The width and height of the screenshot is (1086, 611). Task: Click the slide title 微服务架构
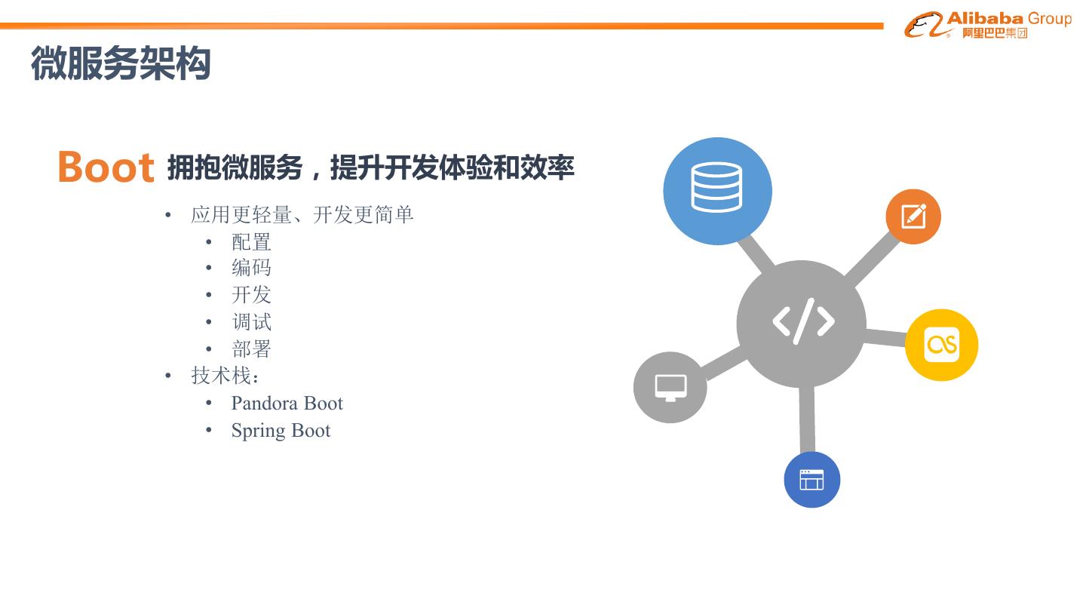click(x=121, y=63)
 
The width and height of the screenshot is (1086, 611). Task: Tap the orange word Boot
click(x=106, y=167)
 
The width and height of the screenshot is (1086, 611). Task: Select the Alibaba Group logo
click(x=987, y=24)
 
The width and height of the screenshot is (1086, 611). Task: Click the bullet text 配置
click(x=251, y=242)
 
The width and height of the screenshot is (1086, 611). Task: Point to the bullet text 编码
click(x=251, y=269)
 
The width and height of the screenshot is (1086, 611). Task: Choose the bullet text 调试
click(x=251, y=322)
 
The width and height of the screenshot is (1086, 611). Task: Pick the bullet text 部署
click(x=251, y=349)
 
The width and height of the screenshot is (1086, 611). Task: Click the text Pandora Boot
click(x=287, y=404)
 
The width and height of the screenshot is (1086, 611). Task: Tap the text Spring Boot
click(x=281, y=431)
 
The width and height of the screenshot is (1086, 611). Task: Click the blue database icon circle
click(x=717, y=190)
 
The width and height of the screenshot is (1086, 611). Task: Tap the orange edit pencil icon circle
click(x=913, y=216)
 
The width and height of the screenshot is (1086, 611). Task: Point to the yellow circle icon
click(x=941, y=345)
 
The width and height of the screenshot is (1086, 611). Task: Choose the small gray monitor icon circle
click(x=670, y=387)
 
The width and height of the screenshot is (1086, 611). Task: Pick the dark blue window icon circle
click(x=811, y=480)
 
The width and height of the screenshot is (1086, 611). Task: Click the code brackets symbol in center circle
click(x=802, y=321)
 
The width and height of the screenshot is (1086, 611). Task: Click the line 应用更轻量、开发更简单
click(x=302, y=215)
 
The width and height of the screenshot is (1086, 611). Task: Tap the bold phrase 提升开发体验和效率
click(x=452, y=167)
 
